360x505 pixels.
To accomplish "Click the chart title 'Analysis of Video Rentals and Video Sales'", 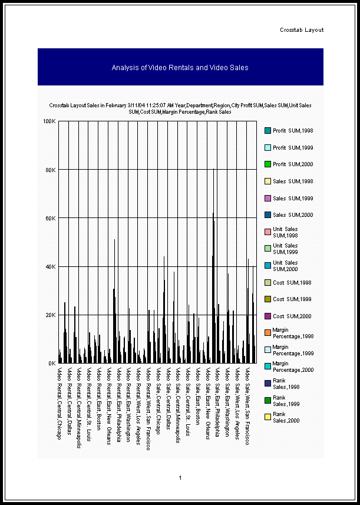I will (x=180, y=68).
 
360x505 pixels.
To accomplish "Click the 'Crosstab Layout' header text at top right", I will (x=302, y=30).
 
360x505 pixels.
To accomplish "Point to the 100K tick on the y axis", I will (x=49, y=121).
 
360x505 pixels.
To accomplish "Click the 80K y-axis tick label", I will (x=50, y=170).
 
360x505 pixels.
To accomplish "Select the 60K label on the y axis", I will (x=50, y=218).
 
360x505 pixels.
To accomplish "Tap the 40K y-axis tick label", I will (x=50, y=266).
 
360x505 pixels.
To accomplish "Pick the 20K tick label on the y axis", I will (x=50, y=315).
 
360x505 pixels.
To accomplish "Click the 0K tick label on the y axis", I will (x=52, y=364).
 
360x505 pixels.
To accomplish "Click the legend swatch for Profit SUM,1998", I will (x=267, y=130).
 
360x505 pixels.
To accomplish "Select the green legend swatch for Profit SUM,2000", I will (x=267, y=164).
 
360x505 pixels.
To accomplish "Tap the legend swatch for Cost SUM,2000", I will (x=267, y=316).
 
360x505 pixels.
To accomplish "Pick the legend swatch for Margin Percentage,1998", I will (x=267, y=333).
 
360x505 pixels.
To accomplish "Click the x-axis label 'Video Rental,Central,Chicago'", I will (x=59, y=403).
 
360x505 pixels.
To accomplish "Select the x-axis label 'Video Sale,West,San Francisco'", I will (x=247, y=406).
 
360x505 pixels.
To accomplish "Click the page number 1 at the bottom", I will (x=180, y=477).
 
